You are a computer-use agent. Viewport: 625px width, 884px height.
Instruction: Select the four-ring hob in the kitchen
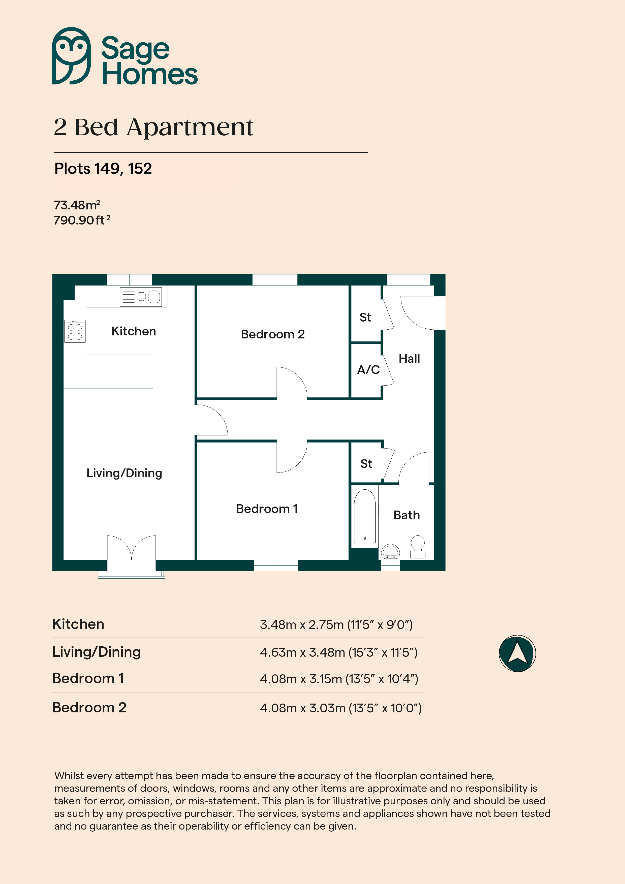pos(75,331)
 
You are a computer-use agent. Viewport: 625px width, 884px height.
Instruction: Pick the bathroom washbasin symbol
pos(390,552)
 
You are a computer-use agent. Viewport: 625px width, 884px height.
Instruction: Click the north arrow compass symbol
pos(517,653)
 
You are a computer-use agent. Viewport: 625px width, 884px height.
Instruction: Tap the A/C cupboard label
pos(368,370)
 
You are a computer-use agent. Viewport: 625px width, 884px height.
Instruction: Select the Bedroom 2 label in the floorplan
pos(273,334)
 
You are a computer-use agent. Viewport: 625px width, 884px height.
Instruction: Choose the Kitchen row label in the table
pos(78,624)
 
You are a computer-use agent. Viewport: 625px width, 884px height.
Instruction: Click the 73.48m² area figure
pos(77,205)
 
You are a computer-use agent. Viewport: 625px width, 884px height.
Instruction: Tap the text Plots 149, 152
pos(103,169)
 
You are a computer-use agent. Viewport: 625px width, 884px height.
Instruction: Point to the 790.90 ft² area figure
pos(82,220)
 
